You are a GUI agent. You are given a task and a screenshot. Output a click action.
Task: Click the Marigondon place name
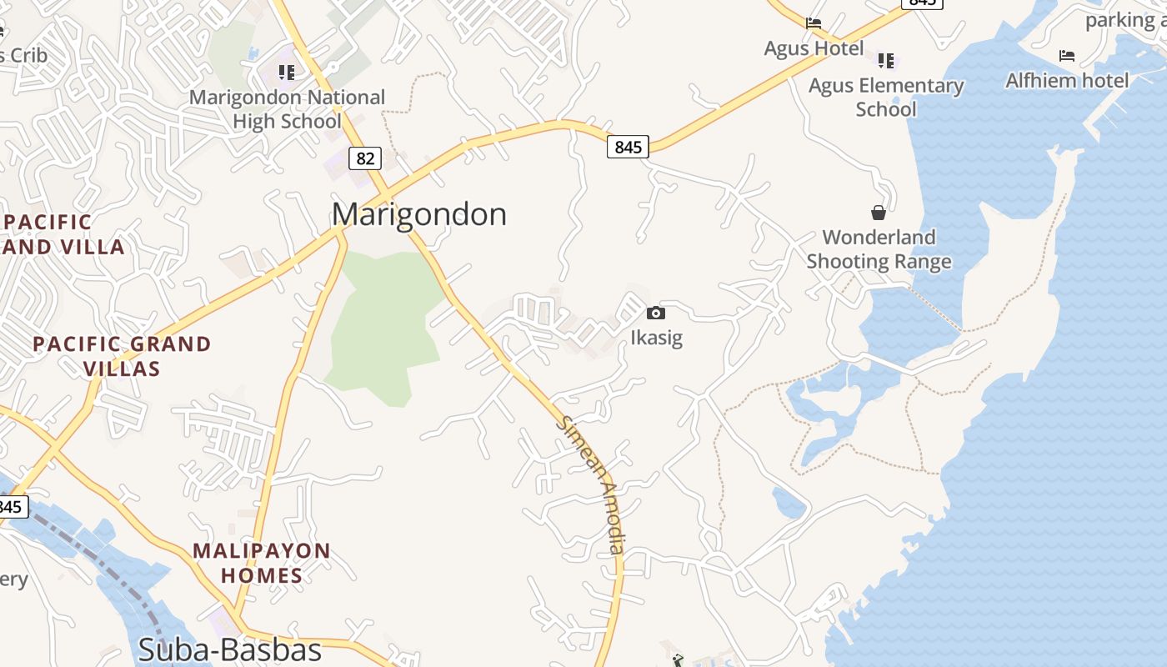pos(418,214)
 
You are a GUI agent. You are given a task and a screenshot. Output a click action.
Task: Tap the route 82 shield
pos(365,158)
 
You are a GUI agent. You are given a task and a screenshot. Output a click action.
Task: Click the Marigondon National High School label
pos(287,109)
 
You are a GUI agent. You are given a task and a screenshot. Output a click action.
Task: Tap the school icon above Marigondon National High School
pos(287,73)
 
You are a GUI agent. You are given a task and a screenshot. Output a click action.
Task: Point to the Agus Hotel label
pos(814,48)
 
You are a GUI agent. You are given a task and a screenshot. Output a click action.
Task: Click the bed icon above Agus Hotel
pos(814,23)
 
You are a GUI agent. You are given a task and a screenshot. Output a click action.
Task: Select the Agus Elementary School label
pos(885,98)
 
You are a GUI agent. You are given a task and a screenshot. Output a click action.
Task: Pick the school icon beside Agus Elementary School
pos(885,60)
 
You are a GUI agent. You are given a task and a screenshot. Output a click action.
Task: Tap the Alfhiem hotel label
pos(1066,81)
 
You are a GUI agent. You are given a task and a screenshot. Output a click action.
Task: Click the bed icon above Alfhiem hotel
pos(1066,56)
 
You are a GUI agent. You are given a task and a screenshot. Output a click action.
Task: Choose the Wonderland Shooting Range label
pos(879,249)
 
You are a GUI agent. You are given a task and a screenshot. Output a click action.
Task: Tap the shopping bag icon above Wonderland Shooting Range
pos(879,213)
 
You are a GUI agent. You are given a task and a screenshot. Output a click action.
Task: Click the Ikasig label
pos(656,338)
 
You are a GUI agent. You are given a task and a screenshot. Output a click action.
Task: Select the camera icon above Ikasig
pos(656,313)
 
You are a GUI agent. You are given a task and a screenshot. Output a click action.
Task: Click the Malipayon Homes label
pos(261,563)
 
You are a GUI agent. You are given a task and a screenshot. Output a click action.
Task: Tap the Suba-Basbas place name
pos(230,649)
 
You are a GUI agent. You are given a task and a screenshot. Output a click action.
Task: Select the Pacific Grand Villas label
pos(122,356)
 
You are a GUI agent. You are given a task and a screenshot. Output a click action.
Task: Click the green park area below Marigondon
pos(383,325)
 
